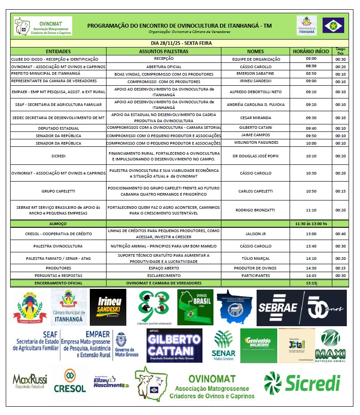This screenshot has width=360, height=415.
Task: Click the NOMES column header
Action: pos(255,51)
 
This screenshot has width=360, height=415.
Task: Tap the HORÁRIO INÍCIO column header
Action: pos(311,51)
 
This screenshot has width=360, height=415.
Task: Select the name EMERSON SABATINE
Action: pos(255,73)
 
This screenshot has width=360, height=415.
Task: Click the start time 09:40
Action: pos(311,128)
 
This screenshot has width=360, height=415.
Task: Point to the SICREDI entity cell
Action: pos(58,156)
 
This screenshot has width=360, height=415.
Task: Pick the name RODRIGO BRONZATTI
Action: pos(255,210)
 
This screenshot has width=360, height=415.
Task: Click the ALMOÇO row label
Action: pos(58,224)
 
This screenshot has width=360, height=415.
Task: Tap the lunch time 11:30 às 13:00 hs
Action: pos(311,224)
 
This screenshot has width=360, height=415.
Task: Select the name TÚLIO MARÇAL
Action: pos(255,258)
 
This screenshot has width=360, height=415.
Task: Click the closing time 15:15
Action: pos(311,283)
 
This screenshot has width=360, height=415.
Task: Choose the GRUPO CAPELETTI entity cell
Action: pos(58,191)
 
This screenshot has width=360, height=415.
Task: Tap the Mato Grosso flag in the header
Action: pos(333,25)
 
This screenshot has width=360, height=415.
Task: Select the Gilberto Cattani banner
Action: pos(174,346)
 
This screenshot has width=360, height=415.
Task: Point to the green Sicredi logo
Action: pos(302,383)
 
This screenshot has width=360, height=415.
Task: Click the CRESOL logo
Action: pos(70,382)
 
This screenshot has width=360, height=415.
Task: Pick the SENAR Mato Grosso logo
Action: pos(224,345)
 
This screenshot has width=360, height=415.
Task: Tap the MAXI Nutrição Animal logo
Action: pos(333,346)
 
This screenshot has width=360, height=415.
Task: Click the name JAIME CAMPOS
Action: pos(255,136)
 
